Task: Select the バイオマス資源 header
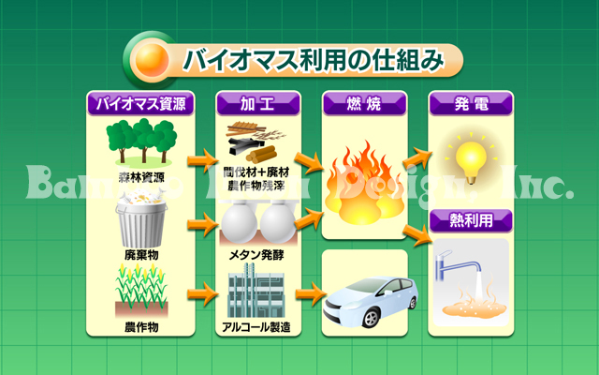(140, 103)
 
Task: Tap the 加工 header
(257, 103)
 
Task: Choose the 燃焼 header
(364, 103)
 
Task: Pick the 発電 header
(471, 103)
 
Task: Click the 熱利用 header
(471, 222)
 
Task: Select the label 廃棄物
(140, 255)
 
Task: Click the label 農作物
(140, 326)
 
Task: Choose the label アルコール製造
(257, 326)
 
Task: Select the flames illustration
(364, 183)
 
